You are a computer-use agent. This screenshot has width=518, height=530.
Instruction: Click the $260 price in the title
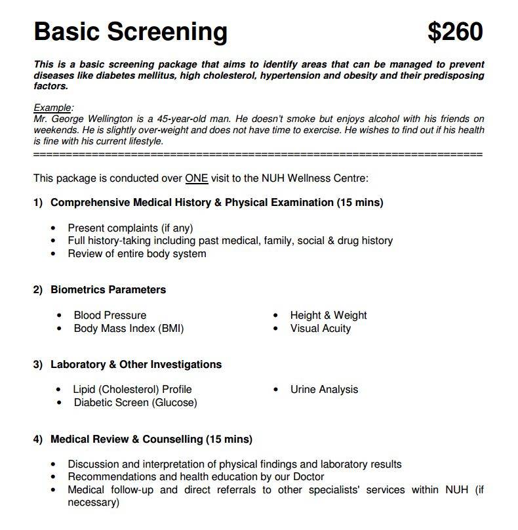(454, 32)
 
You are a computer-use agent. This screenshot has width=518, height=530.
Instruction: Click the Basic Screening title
(130, 31)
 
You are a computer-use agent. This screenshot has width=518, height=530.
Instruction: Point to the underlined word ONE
(196, 178)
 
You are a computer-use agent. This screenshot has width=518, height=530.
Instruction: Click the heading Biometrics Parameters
(108, 289)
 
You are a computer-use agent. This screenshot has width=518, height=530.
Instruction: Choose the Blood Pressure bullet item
(110, 315)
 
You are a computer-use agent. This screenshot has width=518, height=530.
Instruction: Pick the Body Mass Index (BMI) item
(129, 328)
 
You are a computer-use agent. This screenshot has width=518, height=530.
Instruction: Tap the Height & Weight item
(329, 315)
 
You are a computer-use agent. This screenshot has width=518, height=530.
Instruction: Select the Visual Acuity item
(321, 328)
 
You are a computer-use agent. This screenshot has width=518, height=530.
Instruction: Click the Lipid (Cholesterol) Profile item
(132, 389)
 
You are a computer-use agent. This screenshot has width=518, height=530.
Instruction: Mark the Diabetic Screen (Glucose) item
(135, 402)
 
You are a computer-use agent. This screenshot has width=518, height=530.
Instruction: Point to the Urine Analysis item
(324, 389)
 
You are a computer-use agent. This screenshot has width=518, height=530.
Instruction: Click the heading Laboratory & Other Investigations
(136, 364)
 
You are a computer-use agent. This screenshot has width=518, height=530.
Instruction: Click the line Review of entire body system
(137, 253)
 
